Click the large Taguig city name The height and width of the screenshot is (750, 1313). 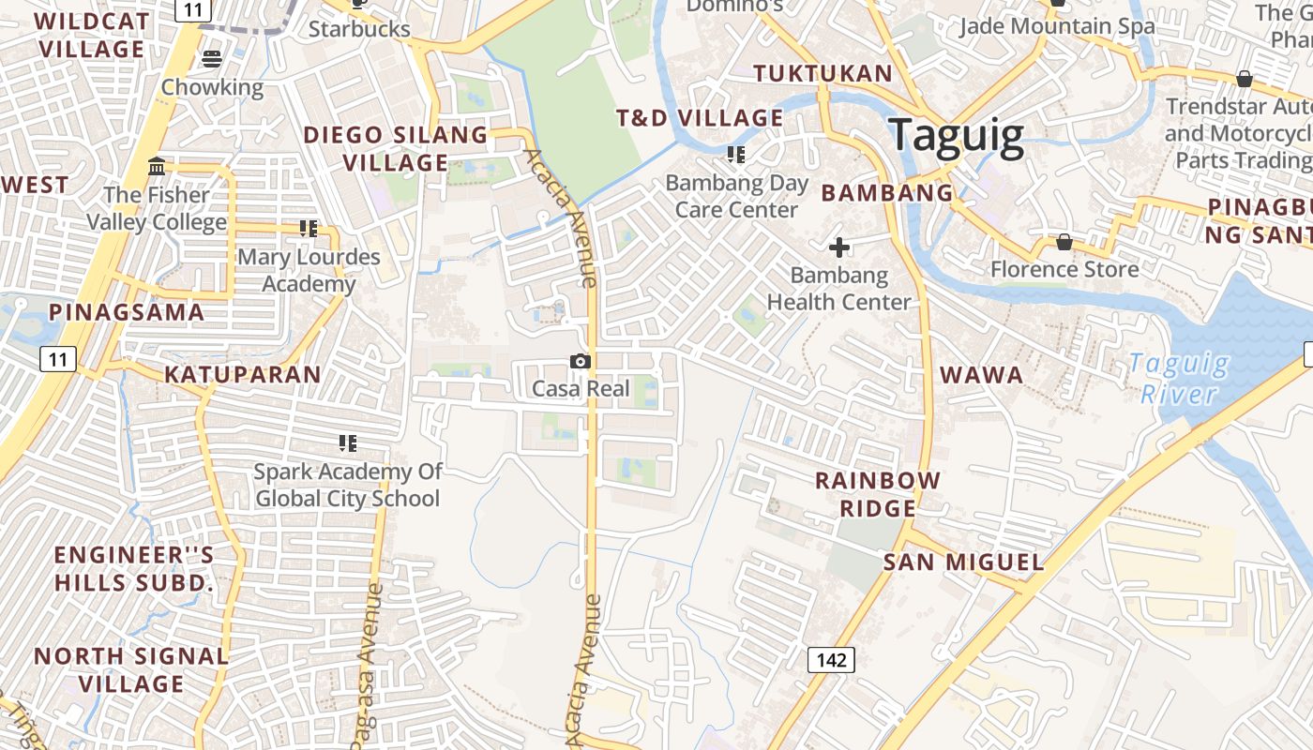[x=956, y=135]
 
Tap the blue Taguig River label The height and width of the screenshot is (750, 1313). [x=1178, y=378]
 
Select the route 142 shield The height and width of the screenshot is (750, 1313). [x=831, y=660]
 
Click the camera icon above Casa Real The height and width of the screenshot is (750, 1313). [x=581, y=361]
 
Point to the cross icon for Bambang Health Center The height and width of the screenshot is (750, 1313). [x=839, y=247]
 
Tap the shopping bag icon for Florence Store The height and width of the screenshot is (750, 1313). [x=1064, y=242]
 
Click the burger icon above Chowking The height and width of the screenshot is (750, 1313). [x=212, y=59]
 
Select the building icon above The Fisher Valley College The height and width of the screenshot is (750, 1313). [x=157, y=167]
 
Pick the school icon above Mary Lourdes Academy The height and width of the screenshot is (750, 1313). [x=309, y=228]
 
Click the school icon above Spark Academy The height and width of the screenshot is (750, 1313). [x=348, y=442]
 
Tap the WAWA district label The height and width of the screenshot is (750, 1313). [x=981, y=375]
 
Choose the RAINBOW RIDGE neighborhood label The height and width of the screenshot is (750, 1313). [x=877, y=494]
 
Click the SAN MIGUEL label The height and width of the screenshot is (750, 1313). [x=963, y=562]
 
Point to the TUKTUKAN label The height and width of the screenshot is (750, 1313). [x=823, y=73]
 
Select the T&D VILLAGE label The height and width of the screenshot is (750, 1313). [x=699, y=118]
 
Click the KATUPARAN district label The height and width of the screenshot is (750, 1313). [x=243, y=375]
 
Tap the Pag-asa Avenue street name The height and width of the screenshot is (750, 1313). [x=367, y=666]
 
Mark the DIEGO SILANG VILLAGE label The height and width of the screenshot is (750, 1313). [x=395, y=148]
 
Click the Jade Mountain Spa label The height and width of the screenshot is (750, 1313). [x=1057, y=26]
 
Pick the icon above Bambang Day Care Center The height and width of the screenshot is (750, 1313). [x=736, y=154]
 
